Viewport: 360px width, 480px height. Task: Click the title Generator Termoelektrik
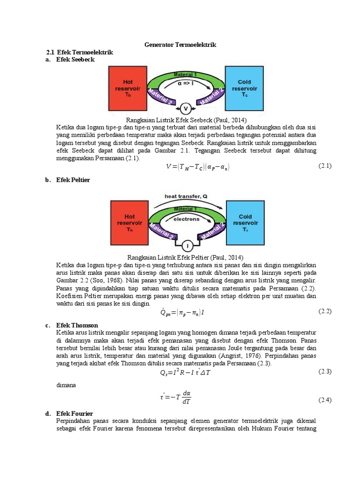(x=180, y=45)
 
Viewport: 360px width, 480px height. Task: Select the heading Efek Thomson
(x=77, y=325)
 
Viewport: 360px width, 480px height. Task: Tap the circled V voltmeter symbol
(x=186, y=109)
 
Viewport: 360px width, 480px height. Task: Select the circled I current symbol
(x=186, y=246)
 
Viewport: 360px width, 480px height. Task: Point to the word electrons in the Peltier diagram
(x=187, y=218)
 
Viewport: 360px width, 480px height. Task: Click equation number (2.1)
(x=325, y=165)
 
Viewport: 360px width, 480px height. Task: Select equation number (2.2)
(x=325, y=311)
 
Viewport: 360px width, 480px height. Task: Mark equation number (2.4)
(x=325, y=400)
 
